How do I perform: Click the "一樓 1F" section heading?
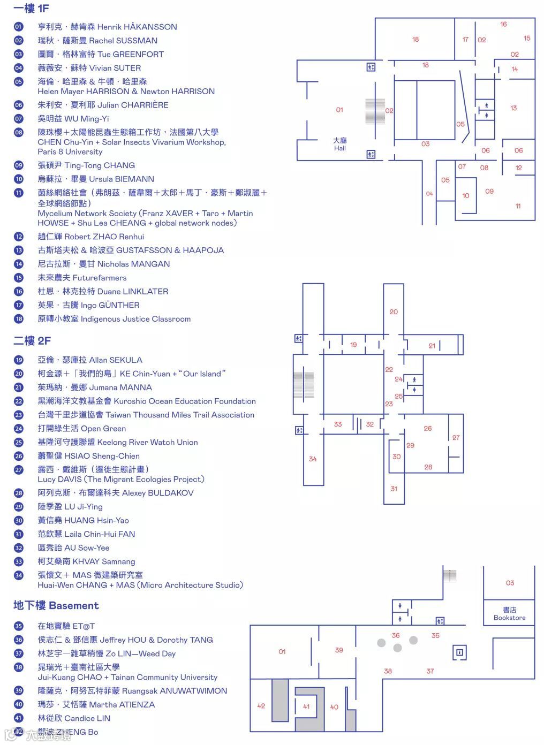[x=31, y=9]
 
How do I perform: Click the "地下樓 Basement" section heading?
[x=56, y=605]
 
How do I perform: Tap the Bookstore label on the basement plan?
[x=509, y=614]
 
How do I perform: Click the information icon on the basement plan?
[x=459, y=652]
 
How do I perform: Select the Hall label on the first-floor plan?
[x=340, y=145]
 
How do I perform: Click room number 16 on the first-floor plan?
[x=503, y=24]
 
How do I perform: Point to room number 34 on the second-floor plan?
[x=313, y=459]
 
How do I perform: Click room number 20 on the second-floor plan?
[x=394, y=311]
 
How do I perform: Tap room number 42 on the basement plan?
[x=261, y=706]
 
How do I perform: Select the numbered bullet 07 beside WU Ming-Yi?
[x=19, y=119]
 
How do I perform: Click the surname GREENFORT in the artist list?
[x=138, y=54]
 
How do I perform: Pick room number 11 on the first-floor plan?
[x=518, y=206]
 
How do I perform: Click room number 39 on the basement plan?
[x=339, y=650]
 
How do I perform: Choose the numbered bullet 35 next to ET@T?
[x=19, y=626]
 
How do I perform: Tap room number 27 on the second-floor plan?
[x=456, y=437]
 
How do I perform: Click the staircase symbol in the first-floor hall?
[x=375, y=111]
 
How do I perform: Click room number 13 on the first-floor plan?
[x=513, y=108]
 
